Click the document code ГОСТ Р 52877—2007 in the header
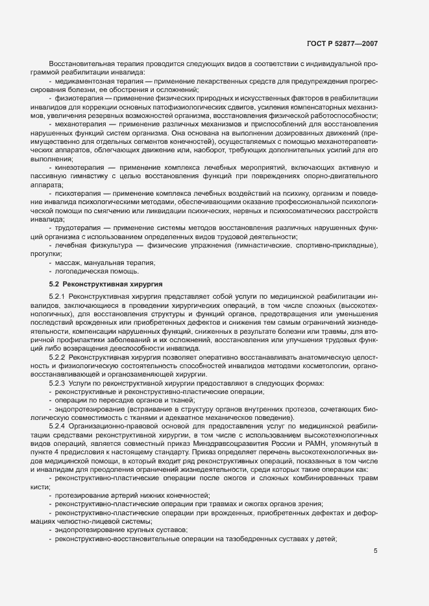pos(342,43)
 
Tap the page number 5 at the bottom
pos(376,552)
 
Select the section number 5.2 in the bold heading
pos(55,284)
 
